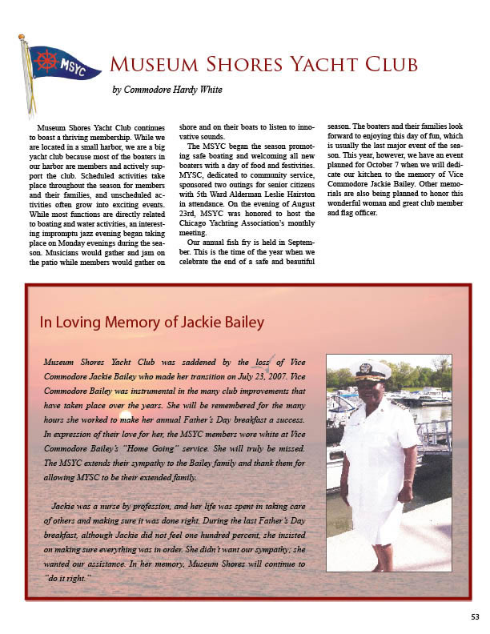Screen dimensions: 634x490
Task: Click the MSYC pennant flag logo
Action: [59, 64]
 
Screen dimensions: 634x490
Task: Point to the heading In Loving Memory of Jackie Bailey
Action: [152, 323]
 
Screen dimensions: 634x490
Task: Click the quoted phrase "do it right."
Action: [68, 577]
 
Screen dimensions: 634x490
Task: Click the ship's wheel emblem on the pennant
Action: [46, 60]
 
